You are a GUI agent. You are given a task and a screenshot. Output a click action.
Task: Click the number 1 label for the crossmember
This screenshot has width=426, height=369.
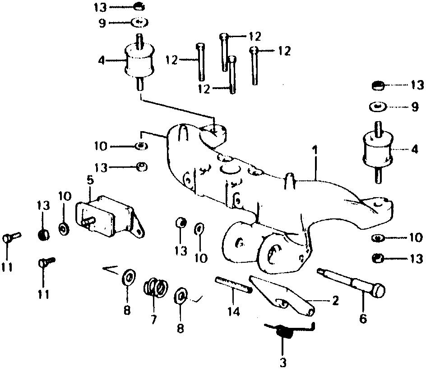point(315,149)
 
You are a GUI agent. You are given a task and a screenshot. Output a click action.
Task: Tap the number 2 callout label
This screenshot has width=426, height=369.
point(334,300)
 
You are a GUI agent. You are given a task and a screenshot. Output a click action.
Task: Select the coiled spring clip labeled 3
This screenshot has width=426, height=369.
point(284,332)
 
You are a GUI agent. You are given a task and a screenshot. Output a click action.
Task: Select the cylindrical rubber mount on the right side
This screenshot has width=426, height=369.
point(377,149)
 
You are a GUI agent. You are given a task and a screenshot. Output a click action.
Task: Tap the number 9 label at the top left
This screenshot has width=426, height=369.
point(102,22)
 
